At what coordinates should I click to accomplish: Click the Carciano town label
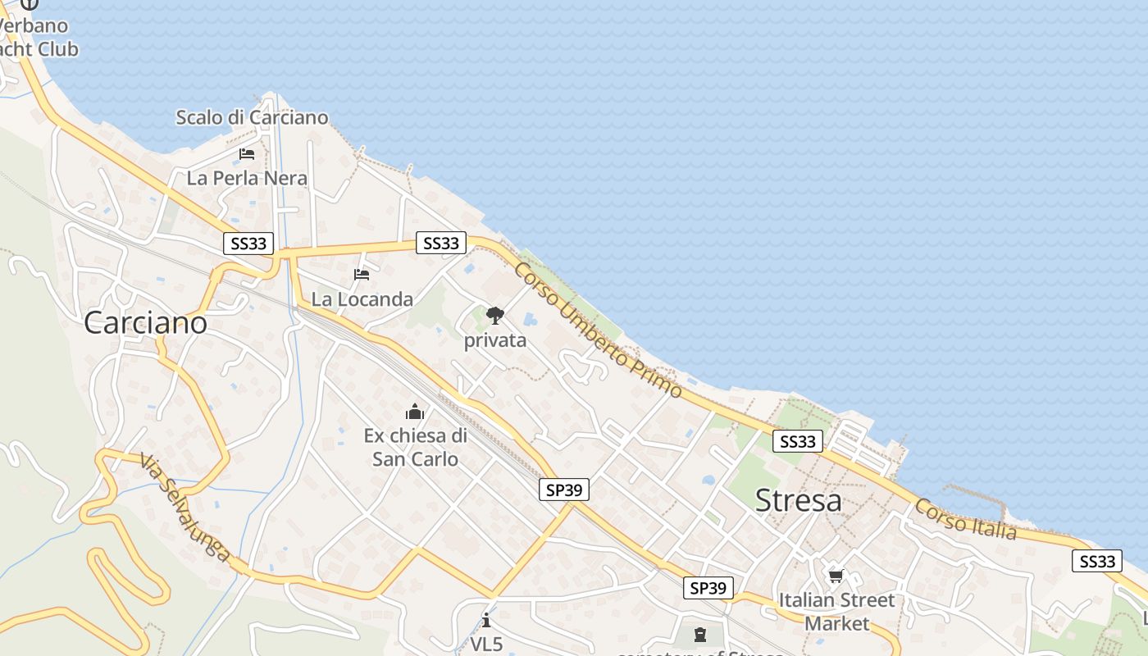(145, 323)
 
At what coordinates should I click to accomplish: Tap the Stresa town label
(798, 500)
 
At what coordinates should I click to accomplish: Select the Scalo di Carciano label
(252, 117)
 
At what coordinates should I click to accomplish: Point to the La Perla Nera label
(247, 178)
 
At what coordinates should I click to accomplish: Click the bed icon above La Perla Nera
(247, 154)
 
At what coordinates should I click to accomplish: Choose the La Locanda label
(362, 299)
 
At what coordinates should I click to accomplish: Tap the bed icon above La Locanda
(362, 275)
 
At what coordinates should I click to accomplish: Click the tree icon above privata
(494, 316)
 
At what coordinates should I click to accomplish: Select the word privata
(495, 340)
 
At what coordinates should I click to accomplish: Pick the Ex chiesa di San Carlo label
(415, 447)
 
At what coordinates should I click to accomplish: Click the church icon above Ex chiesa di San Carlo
(415, 411)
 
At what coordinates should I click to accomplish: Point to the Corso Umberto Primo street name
(599, 330)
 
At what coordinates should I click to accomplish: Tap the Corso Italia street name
(966, 520)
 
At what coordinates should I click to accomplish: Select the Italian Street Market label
(836, 612)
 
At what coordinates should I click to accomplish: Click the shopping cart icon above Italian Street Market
(836, 576)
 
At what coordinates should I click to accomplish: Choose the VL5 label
(486, 645)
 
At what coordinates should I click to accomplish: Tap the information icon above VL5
(486, 620)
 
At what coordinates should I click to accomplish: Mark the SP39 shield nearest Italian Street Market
(708, 588)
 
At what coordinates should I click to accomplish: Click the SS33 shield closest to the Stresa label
(797, 442)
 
